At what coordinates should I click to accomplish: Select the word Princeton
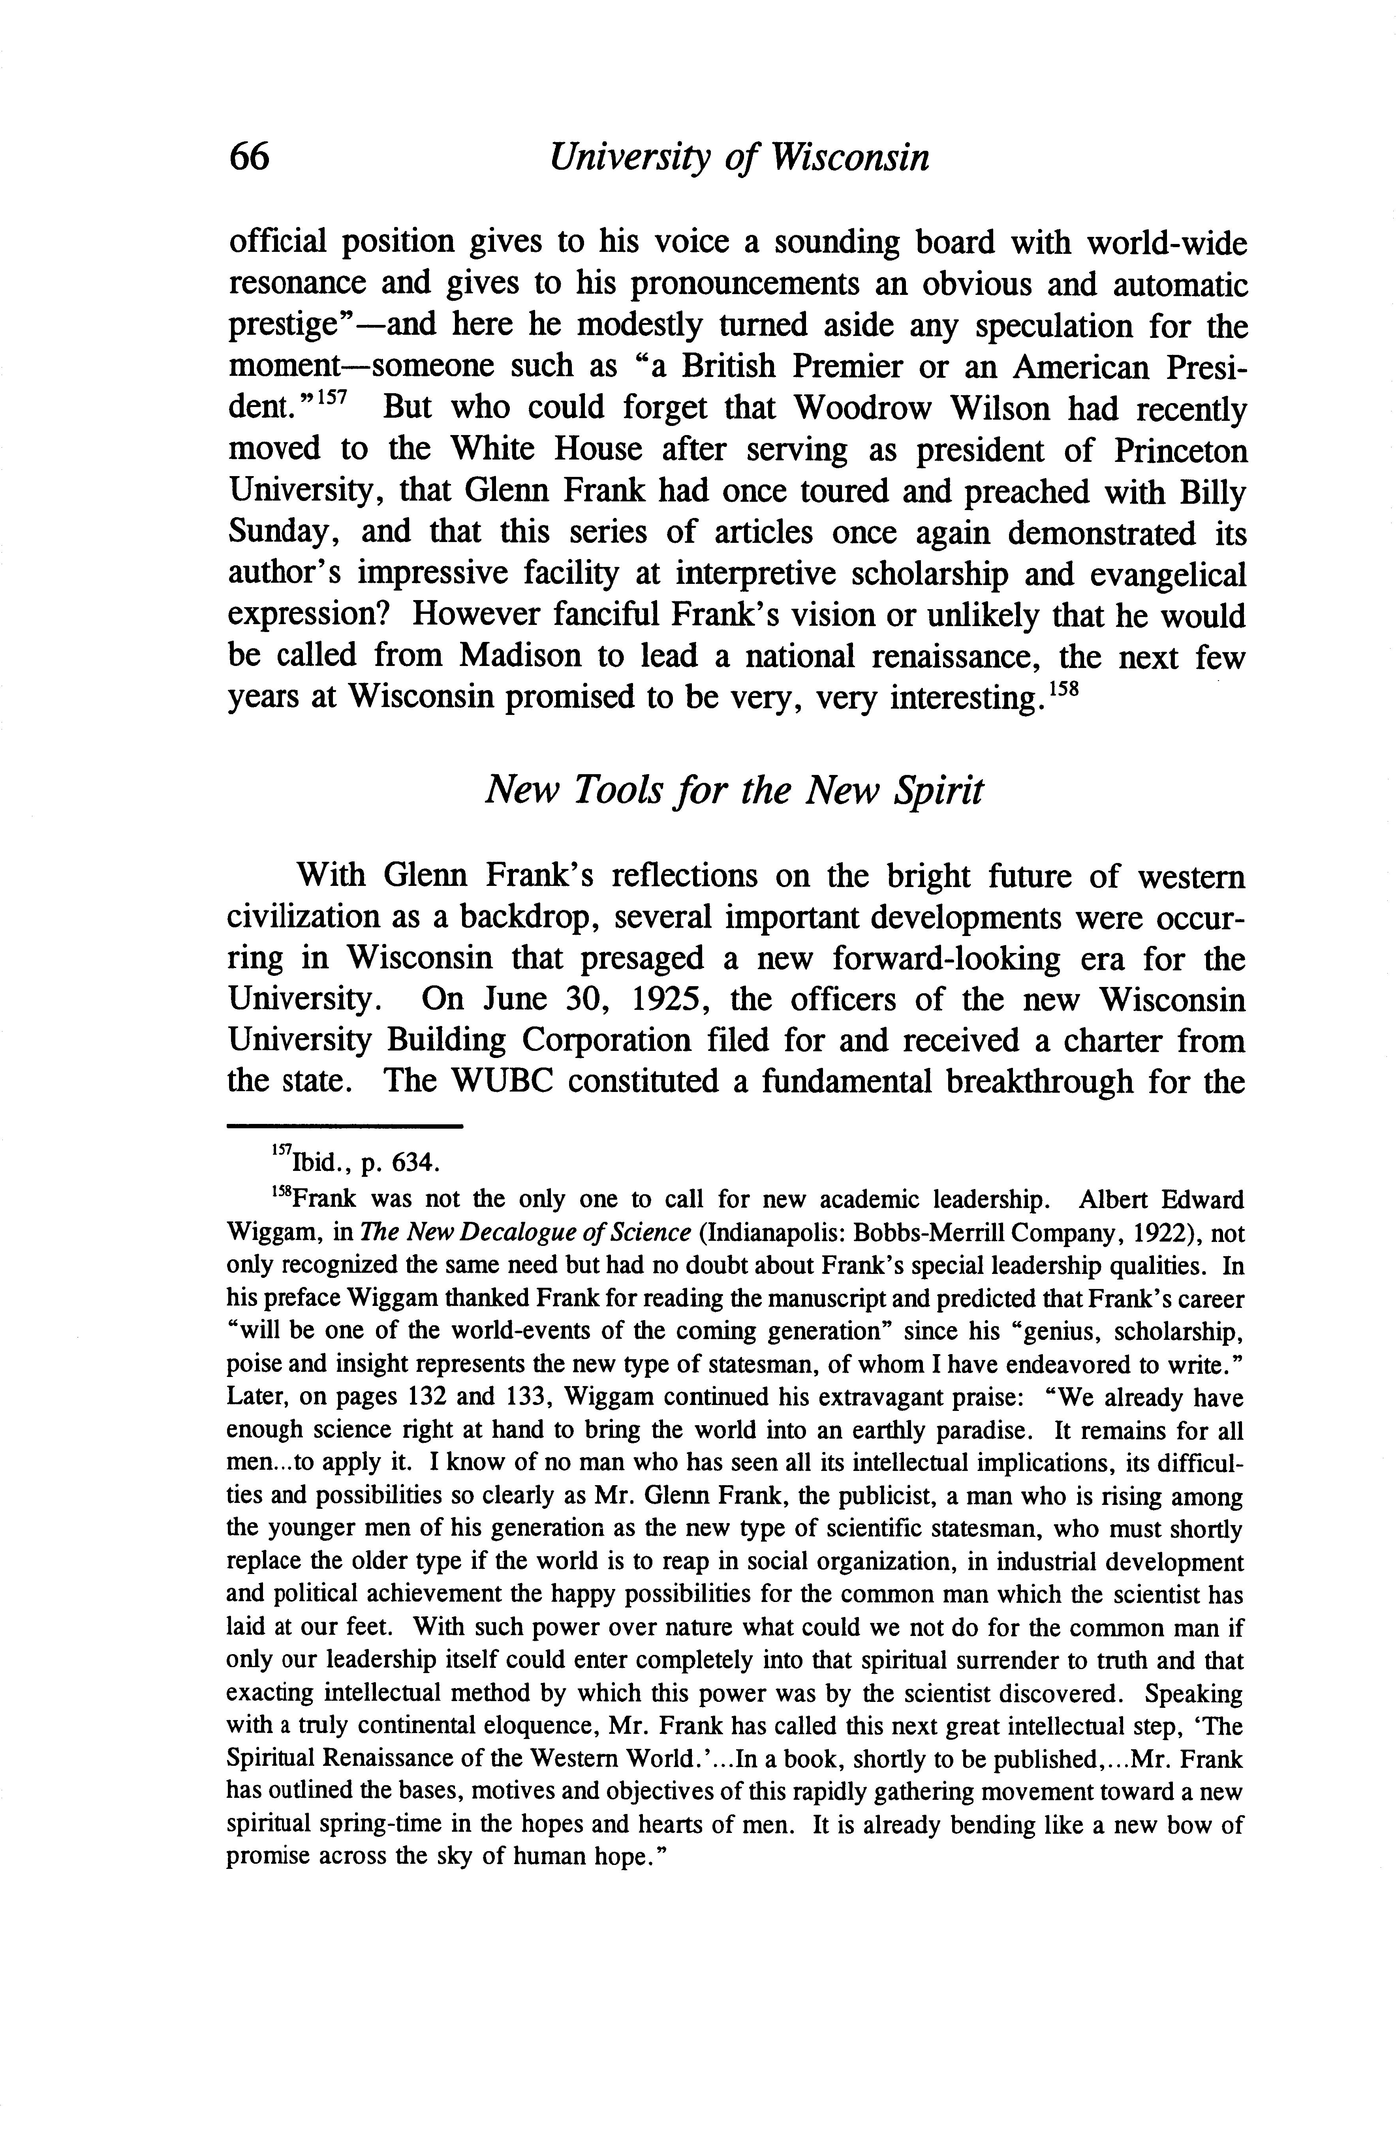[x=1179, y=450]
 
